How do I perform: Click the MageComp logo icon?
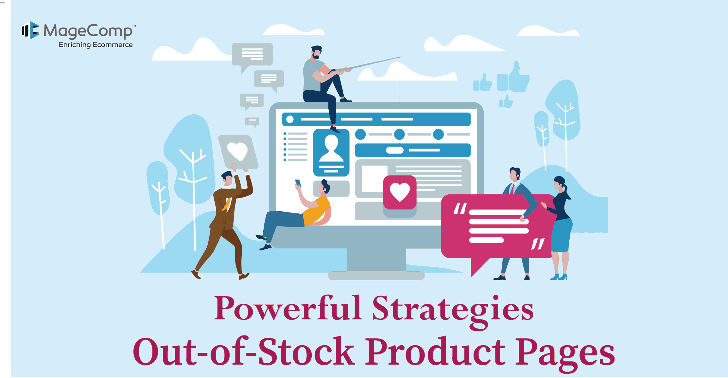[x=30, y=30]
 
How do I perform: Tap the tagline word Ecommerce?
[x=113, y=45]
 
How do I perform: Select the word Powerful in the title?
[x=288, y=308]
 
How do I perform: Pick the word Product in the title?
[x=435, y=352]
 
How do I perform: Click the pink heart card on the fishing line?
[x=400, y=192]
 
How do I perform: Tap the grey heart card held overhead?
[x=238, y=152]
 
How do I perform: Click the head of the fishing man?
[x=316, y=52]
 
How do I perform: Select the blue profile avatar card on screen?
[x=331, y=153]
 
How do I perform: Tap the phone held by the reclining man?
[x=298, y=183]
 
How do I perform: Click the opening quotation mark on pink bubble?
[x=460, y=208]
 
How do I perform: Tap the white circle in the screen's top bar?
[x=290, y=119]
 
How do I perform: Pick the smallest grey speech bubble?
[x=252, y=122]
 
